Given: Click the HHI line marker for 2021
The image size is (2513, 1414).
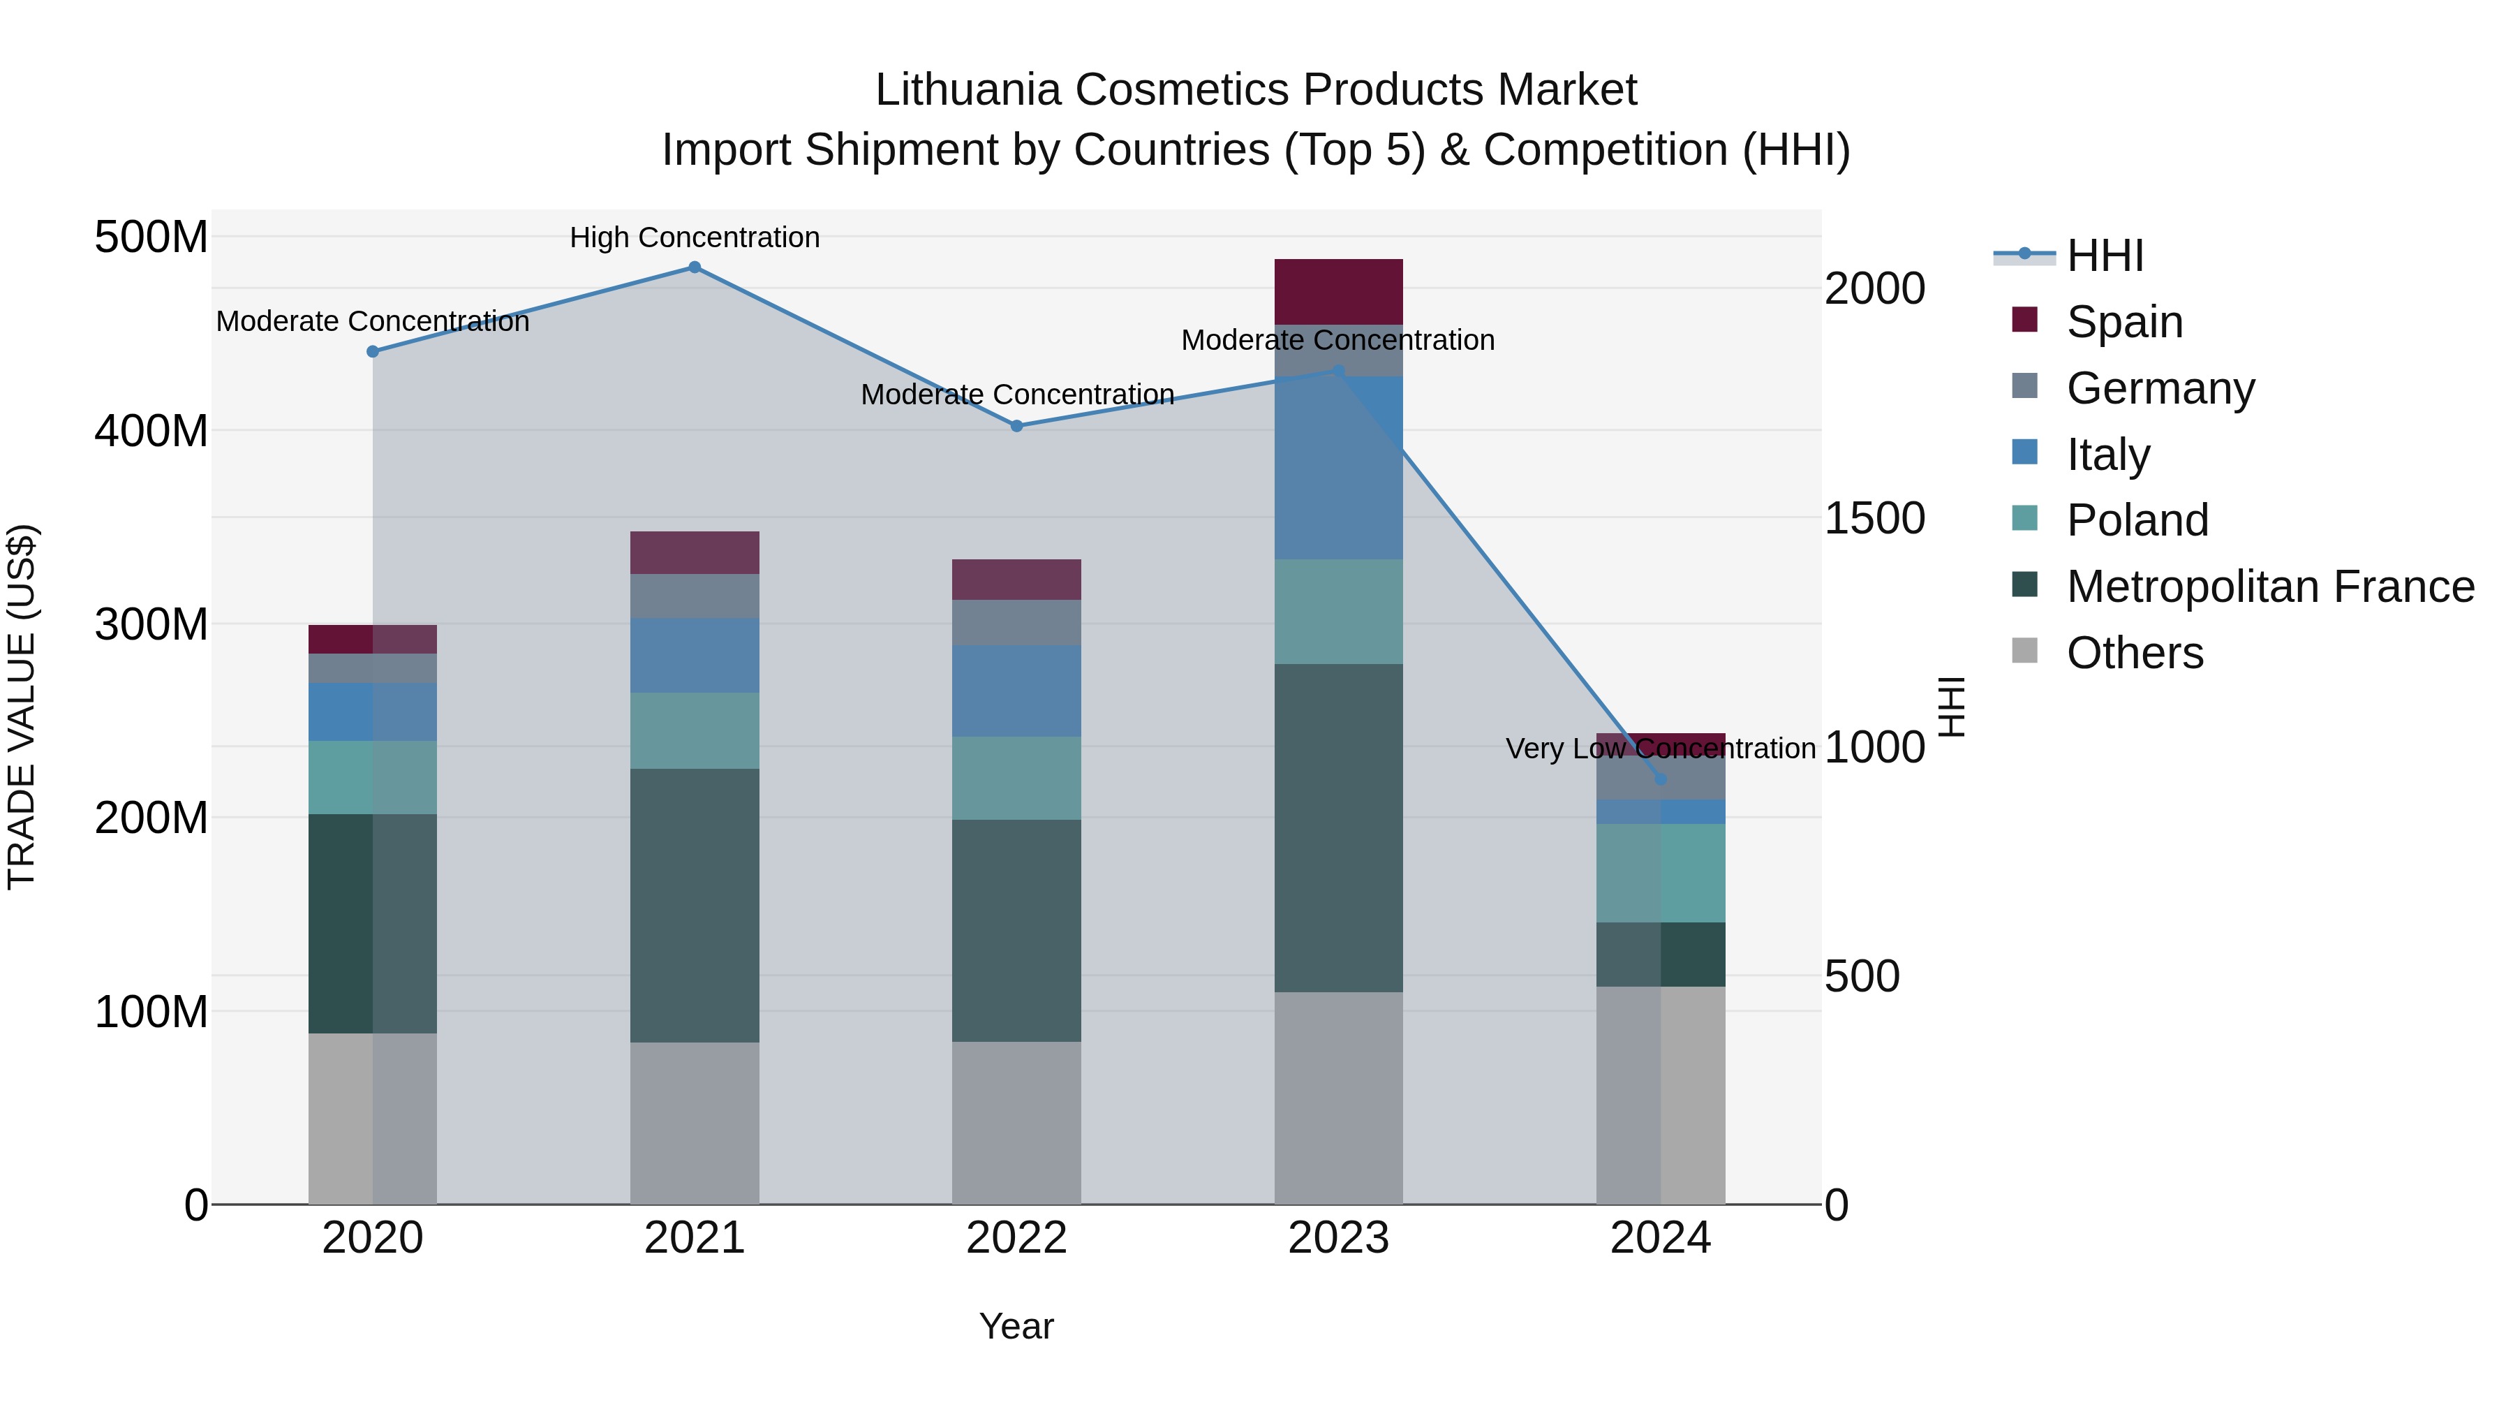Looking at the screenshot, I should tap(695, 267).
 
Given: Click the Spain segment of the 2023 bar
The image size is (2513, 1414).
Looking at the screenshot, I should tap(1338, 292).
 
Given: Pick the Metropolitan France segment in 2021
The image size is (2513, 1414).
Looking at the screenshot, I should tap(695, 906).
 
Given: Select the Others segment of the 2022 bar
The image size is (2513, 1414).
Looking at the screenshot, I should tap(1016, 1122).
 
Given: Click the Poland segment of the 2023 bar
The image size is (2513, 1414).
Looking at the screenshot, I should tap(1338, 612).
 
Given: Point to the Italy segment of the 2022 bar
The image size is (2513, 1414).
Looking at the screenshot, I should tap(1016, 691).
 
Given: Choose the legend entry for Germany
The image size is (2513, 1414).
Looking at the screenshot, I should tap(2160, 388).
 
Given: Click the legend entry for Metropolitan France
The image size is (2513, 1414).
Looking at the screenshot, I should tap(2269, 587).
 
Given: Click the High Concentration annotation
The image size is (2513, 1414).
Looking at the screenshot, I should tap(695, 237).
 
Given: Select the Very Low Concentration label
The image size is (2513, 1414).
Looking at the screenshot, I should tap(1661, 749).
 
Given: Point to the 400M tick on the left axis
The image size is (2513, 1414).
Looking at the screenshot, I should tap(151, 430).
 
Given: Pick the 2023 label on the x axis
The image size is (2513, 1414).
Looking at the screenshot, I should tap(1338, 1238).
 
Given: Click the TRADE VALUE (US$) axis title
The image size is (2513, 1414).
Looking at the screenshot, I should tap(22, 707).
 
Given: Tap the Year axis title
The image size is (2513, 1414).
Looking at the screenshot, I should tap(1016, 1326).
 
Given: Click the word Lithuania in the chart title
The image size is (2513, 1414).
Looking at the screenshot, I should tap(967, 90).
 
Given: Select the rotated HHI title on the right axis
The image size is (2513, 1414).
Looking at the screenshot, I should tap(1951, 707).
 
